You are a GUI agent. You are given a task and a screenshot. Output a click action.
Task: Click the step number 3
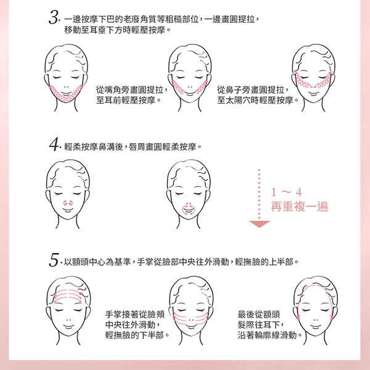pos(54,18)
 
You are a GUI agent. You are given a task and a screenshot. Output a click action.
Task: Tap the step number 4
pos(54,144)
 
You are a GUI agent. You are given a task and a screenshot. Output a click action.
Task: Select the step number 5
pos(54,260)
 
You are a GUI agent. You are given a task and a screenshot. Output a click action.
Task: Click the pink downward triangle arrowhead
pos(260,224)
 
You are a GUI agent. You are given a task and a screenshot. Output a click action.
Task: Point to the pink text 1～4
pos(286,192)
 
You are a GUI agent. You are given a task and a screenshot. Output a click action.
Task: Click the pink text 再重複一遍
pos(300,207)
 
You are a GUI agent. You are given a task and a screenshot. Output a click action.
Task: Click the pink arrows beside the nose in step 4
pos(68,203)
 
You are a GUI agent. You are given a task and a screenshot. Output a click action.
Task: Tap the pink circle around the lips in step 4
pos(189,210)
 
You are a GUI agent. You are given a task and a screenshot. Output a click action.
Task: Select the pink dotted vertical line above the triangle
pos(259,194)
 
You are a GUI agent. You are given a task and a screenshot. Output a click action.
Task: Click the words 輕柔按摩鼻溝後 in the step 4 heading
pos(94,147)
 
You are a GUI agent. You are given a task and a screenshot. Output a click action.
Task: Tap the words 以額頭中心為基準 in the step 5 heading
pos(97,262)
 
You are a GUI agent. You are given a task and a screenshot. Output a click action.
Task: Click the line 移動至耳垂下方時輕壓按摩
pos(115,30)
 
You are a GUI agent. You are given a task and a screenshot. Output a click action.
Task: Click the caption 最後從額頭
pos(259,314)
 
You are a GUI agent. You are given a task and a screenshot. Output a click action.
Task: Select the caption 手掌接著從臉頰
pos(134,314)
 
